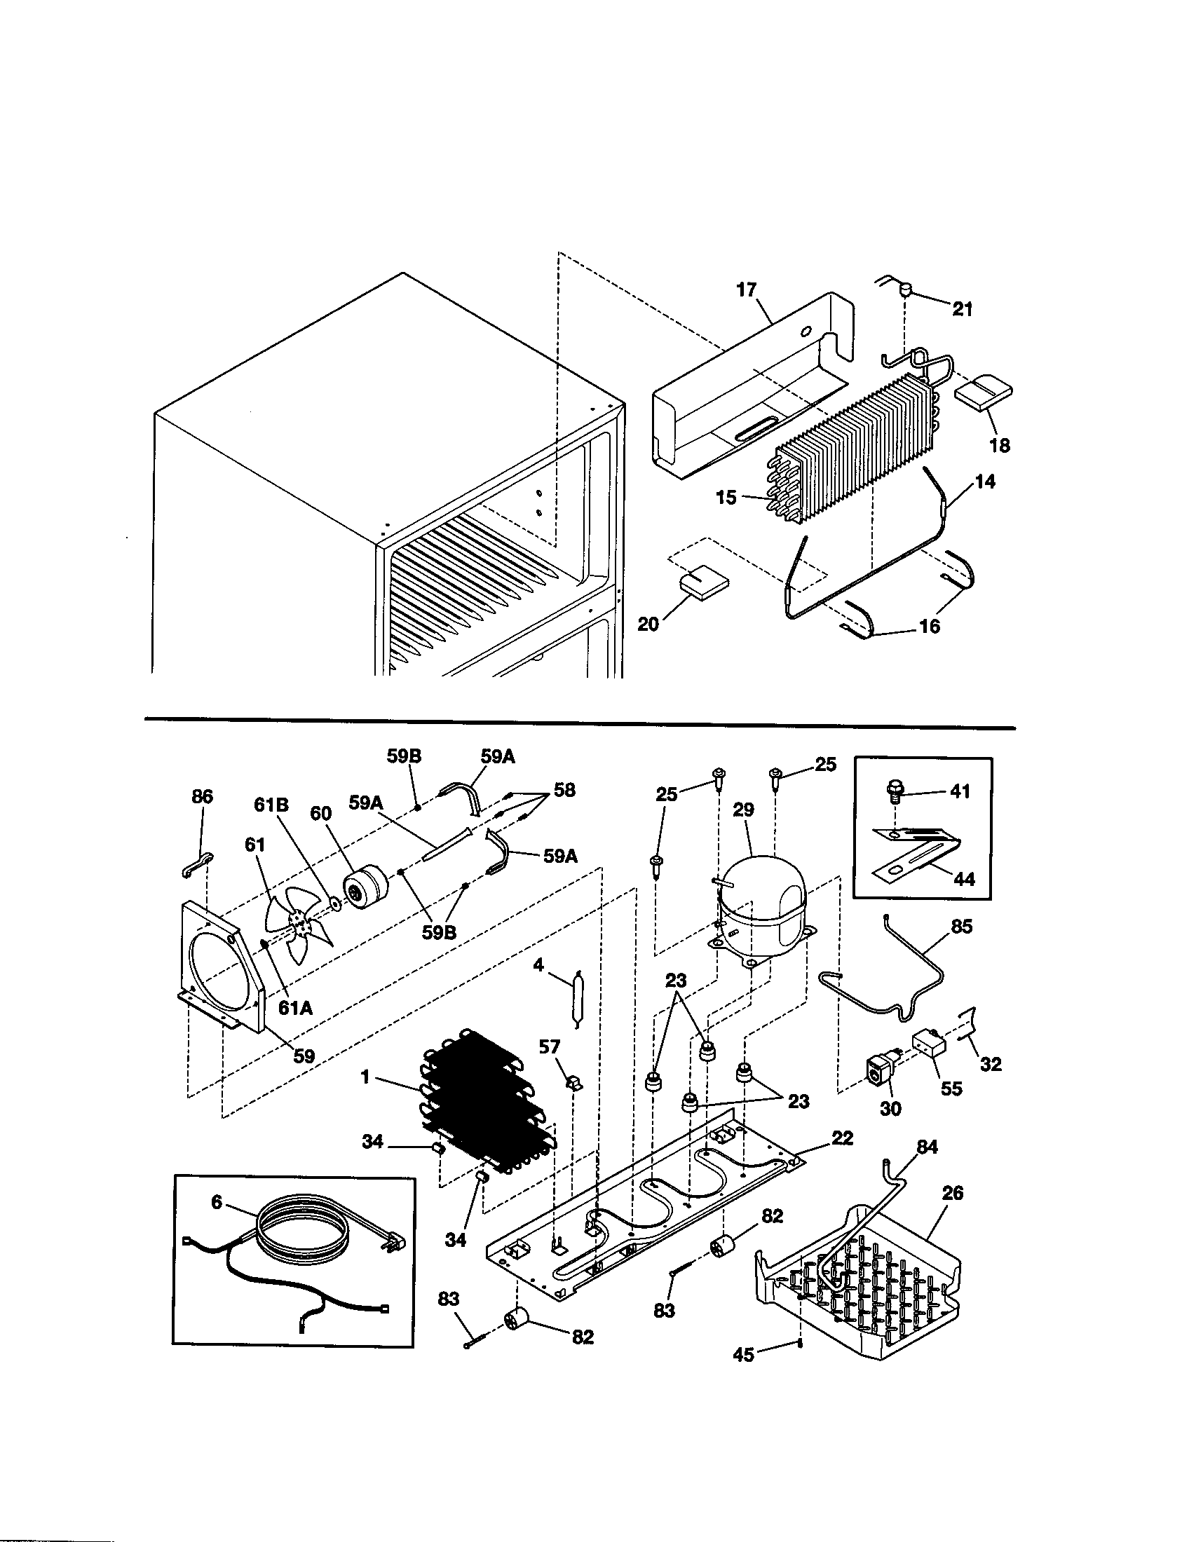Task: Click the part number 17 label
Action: pyautogui.click(x=747, y=289)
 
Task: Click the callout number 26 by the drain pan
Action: pyautogui.click(x=953, y=1192)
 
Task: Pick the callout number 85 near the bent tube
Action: pyautogui.click(x=962, y=927)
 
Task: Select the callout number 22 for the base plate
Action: pyautogui.click(x=843, y=1138)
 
